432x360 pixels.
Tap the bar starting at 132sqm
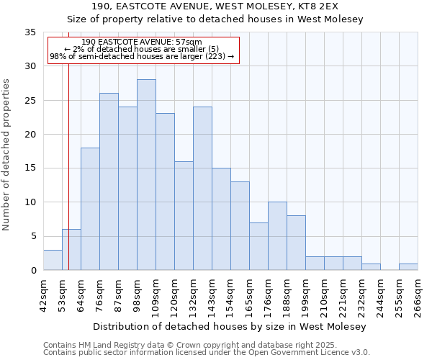click(x=202, y=189)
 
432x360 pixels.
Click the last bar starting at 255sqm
click(x=408, y=266)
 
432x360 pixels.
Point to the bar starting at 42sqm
click(x=53, y=260)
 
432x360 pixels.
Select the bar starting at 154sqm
click(x=240, y=226)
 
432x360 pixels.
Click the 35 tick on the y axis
click(x=30, y=32)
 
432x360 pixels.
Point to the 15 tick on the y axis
click(x=30, y=168)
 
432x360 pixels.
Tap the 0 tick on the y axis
click(x=33, y=271)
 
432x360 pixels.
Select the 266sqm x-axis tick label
click(x=418, y=294)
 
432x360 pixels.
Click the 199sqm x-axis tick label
click(x=306, y=294)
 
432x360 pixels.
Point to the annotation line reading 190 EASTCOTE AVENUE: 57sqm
click(x=142, y=42)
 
